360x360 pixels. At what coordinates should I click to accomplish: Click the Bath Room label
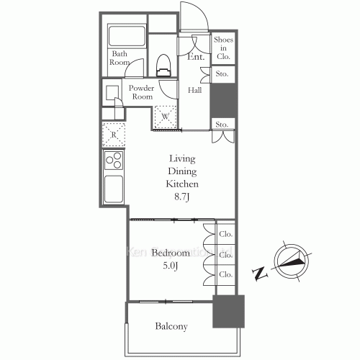pyautogui.click(x=120, y=58)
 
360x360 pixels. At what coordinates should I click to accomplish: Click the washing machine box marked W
pyautogui.click(x=165, y=115)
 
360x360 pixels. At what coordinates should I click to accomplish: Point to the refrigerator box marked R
pyautogui.click(x=114, y=135)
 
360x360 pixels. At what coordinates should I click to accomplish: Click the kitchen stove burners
pyautogui.click(x=114, y=160)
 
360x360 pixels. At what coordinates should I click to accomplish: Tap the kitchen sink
pyautogui.click(x=114, y=189)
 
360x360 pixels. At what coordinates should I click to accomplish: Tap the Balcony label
pyautogui.click(x=171, y=327)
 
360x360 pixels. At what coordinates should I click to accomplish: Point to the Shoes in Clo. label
pyautogui.click(x=221, y=48)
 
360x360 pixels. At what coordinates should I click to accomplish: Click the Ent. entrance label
pyautogui.click(x=195, y=57)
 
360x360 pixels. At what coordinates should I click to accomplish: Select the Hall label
pyautogui.click(x=195, y=91)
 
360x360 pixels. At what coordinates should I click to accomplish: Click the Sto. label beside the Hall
pyautogui.click(x=221, y=74)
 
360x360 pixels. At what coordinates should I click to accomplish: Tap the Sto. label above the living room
pyautogui.click(x=221, y=125)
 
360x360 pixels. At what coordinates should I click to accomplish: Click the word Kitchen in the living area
pyautogui.click(x=182, y=184)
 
